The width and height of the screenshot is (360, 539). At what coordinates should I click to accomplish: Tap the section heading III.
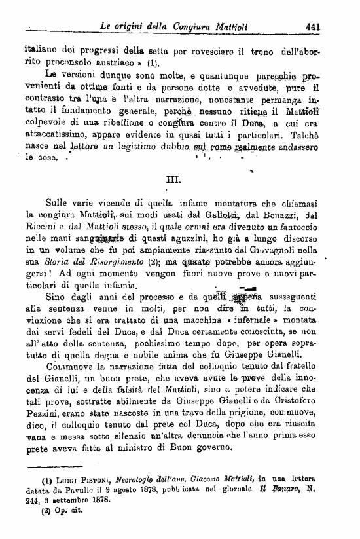[x=181, y=177]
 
